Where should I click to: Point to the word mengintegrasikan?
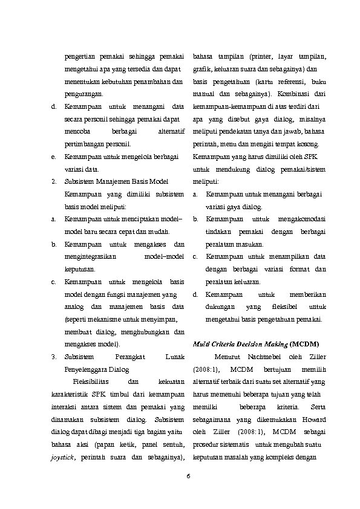click(90, 257)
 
